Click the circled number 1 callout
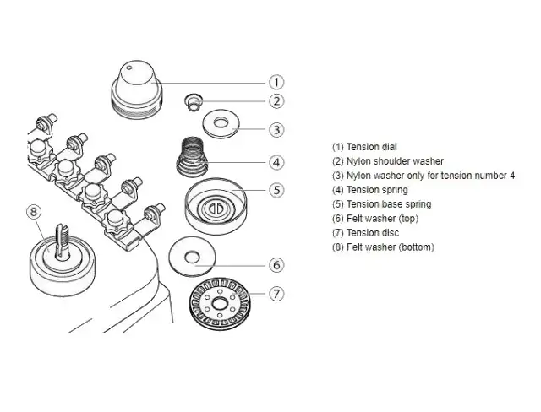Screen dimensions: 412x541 click(x=276, y=82)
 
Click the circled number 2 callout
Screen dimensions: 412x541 click(x=276, y=101)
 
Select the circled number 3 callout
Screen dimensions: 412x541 click(x=276, y=130)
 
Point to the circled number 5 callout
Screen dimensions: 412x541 click(x=276, y=189)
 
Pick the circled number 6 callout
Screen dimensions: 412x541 click(x=276, y=264)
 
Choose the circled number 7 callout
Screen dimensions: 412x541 click(x=276, y=294)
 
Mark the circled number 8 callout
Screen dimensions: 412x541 click(x=35, y=211)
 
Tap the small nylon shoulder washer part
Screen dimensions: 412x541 click(x=194, y=103)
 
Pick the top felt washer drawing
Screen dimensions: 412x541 click(x=195, y=255)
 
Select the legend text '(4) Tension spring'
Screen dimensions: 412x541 click(x=370, y=190)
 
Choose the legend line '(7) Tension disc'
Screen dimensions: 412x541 click(x=365, y=233)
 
